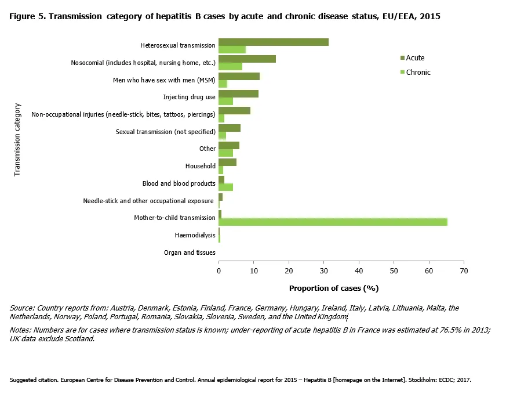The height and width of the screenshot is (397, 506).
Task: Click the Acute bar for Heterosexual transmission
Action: point(273,42)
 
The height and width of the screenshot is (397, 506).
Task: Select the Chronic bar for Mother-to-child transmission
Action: point(333,222)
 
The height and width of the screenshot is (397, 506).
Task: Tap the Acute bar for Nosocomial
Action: point(247,59)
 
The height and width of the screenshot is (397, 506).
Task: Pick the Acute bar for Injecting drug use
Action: point(238,93)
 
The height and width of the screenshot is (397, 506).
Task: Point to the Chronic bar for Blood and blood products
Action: point(225,187)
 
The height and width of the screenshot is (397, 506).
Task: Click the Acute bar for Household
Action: point(227,162)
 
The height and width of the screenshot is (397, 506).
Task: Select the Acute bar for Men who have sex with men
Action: point(239,76)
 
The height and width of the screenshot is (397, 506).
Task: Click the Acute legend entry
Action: point(415,58)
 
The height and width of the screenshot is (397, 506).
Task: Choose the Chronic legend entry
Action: point(418,73)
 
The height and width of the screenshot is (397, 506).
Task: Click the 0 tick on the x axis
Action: point(219,270)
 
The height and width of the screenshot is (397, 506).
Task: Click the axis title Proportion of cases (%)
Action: point(333,288)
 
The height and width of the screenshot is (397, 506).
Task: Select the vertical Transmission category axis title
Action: point(17,139)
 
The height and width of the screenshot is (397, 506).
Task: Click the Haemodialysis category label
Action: point(195,235)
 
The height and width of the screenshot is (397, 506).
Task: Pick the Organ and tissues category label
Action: point(190,252)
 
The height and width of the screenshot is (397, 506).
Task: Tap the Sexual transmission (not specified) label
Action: point(166,132)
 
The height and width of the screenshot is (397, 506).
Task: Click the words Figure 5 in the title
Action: point(27,16)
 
